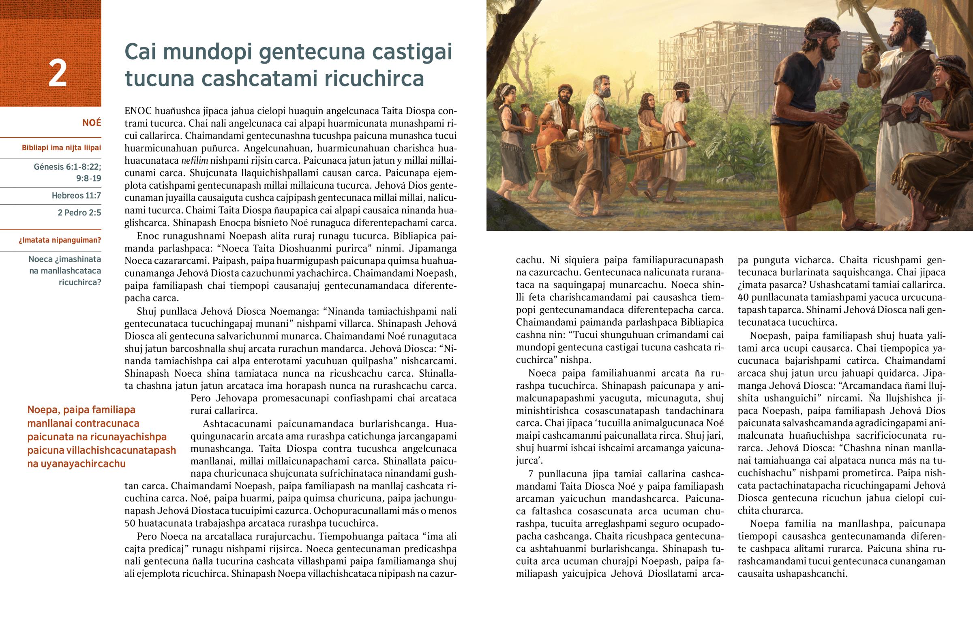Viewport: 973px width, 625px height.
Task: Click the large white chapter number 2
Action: (x=57, y=73)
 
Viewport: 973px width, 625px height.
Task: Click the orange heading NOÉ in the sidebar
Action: (x=91, y=123)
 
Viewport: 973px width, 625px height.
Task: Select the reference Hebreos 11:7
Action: (x=76, y=196)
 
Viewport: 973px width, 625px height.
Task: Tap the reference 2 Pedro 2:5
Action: (x=79, y=213)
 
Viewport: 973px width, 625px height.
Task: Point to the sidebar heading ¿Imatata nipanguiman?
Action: (x=60, y=240)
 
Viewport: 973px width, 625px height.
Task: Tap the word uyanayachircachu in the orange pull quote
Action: (x=76, y=464)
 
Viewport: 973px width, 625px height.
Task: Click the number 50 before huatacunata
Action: (x=130, y=523)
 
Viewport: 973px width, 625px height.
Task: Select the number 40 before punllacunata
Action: (x=743, y=297)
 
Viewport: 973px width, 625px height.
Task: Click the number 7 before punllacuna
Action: (x=531, y=474)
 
